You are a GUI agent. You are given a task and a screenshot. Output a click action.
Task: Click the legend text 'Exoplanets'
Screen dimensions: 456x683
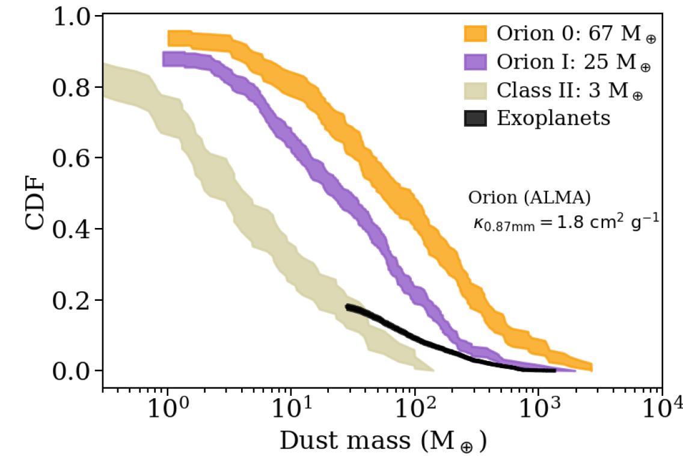[553, 119]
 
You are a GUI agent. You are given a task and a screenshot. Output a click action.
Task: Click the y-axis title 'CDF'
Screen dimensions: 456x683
[35, 202]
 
